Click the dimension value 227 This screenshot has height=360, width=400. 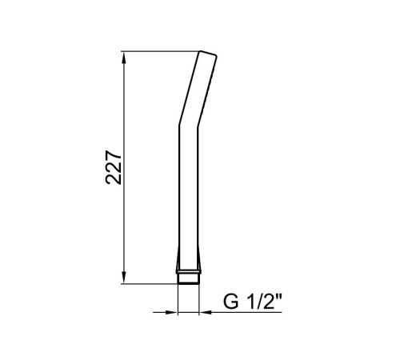pyautogui.click(x=114, y=168)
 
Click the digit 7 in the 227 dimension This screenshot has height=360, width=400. pyautogui.click(x=114, y=156)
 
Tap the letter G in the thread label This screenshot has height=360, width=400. pyautogui.click(x=231, y=302)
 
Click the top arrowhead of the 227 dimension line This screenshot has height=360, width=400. pyautogui.click(x=123, y=58)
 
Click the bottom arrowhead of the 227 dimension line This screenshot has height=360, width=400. pyautogui.click(x=123, y=278)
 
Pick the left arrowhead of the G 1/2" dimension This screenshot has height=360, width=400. pyautogui.click(x=171, y=312)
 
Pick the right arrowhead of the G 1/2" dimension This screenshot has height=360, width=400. pyautogui.click(x=206, y=312)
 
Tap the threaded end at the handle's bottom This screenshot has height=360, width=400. pyautogui.click(x=188, y=278)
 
